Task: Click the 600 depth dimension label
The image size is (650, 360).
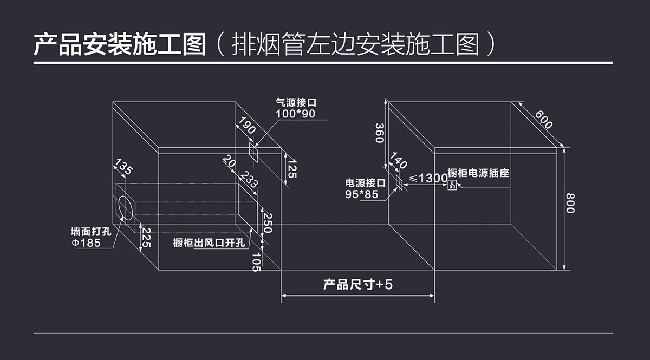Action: pyautogui.click(x=544, y=120)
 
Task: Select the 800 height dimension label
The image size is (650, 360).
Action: pyautogui.click(x=570, y=203)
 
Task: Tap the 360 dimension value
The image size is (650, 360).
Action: pyautogui.click(x=380, y=133)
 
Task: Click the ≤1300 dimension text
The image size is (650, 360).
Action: pyautogui.click(x=428, y=178)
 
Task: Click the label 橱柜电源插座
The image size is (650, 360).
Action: pyautogui.click(x=478, y=174)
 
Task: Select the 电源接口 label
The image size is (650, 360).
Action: pyautogui.click(x=366, y=183)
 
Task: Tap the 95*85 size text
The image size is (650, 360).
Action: pyautogui.click(x=362, y=194)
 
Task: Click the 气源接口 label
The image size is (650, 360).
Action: pyautogui.click(x=296, y=103)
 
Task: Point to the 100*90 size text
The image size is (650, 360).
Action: pyautogui.click(x=295, y=114)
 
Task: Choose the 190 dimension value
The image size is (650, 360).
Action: pyautogui.click(x=247, y=126)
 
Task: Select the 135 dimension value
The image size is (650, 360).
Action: pyautogui.click(x=124, y=168)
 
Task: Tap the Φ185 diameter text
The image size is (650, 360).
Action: pyautogui.click(x=86, y=243)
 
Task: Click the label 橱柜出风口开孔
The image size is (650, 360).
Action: pyautogui.click(x=209, y=243)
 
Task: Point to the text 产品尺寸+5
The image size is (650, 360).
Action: pyautogui.click(x=357, y=285)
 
